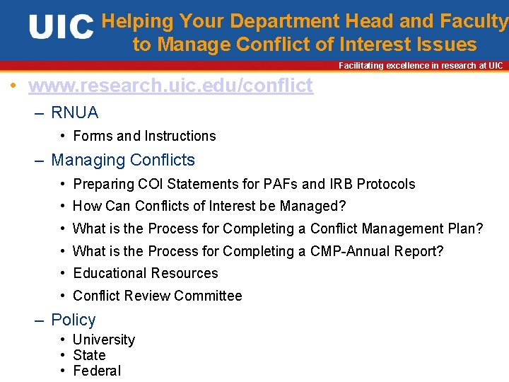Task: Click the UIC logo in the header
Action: [x=61, y=28]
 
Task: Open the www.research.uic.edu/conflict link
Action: [x=170, y=86]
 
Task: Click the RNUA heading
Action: [x=74, y=112]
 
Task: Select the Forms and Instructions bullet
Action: [x=144, y=136]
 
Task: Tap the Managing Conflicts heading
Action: [x=123, y=160]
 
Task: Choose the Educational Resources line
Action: [x=145, y=273]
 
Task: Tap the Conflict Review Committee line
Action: [x=157, y=296]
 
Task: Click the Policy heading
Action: [x=74, y=320]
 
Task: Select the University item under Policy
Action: [x=103, y=340]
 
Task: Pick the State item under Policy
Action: [x=89, y=355]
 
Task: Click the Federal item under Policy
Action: [x=97, y=371]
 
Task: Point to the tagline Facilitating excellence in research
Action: [x=421, y=66]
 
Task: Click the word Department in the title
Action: [x=289, y=22]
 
